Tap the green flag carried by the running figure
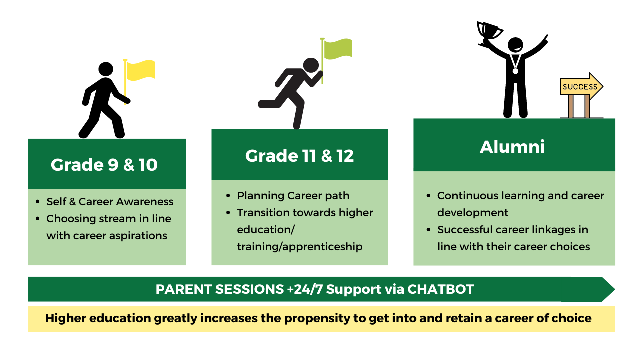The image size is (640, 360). [x=338, y=49]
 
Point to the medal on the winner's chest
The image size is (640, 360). [x=515, y=71]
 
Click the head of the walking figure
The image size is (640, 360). [x=106, y=69]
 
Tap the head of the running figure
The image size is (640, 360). [x=311, y=65]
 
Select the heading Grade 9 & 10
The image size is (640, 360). [x=104, y=165]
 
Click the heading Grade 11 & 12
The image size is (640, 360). [x=299, y=156]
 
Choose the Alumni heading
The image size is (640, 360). [x=512, y=147]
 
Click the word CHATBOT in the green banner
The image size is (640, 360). [x=441, y=289]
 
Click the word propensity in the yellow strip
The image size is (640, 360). [x=317, y=319]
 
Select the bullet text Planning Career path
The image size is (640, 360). [x=293, y=196]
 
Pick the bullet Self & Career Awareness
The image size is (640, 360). [x=110, y=202]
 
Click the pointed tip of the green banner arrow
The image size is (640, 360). [x=615, y=289]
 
